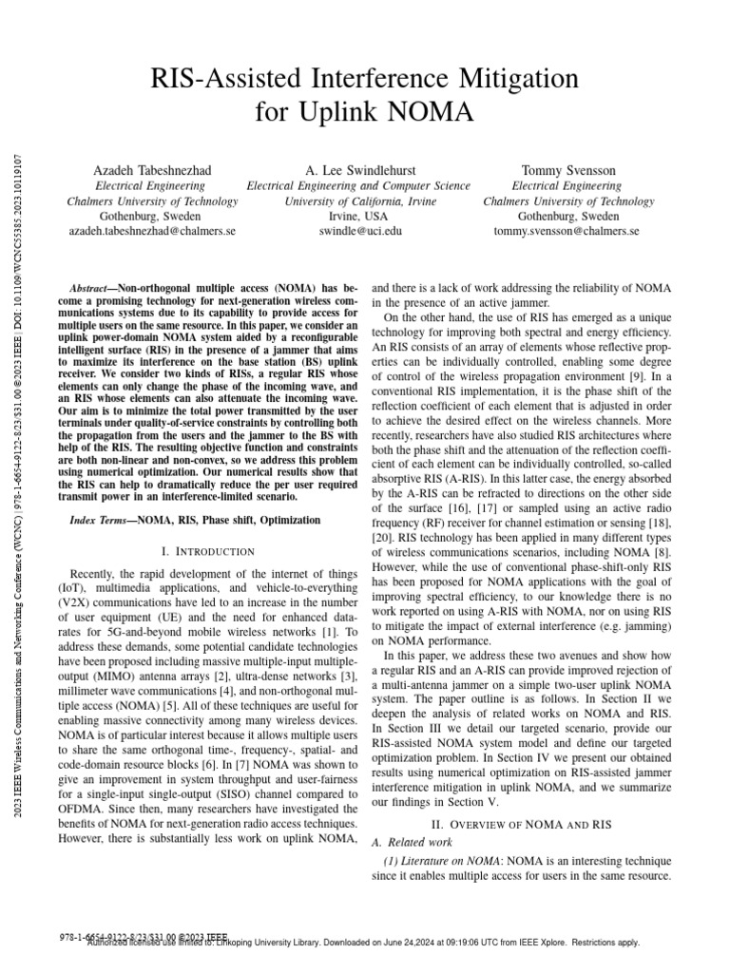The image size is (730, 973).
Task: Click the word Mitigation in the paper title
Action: pyautogui.click(x=505, y=75)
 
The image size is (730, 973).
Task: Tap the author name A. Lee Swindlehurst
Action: pyautogui.click(x=358, y=170)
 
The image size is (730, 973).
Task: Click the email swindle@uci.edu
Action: pyautogui.click(x=358, y=231)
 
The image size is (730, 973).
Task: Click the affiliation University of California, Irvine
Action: pyautogui.click(x=358, y=200)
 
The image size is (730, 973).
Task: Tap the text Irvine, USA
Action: pyautogui.click(x=358, y=216)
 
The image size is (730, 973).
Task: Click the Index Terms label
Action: pyautogui.click(x=102, y=521)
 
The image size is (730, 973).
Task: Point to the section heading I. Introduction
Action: pyautogui.click(x=208, y=551)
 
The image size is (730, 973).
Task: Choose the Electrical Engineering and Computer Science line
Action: pyautogui.click(x=358, y=185)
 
